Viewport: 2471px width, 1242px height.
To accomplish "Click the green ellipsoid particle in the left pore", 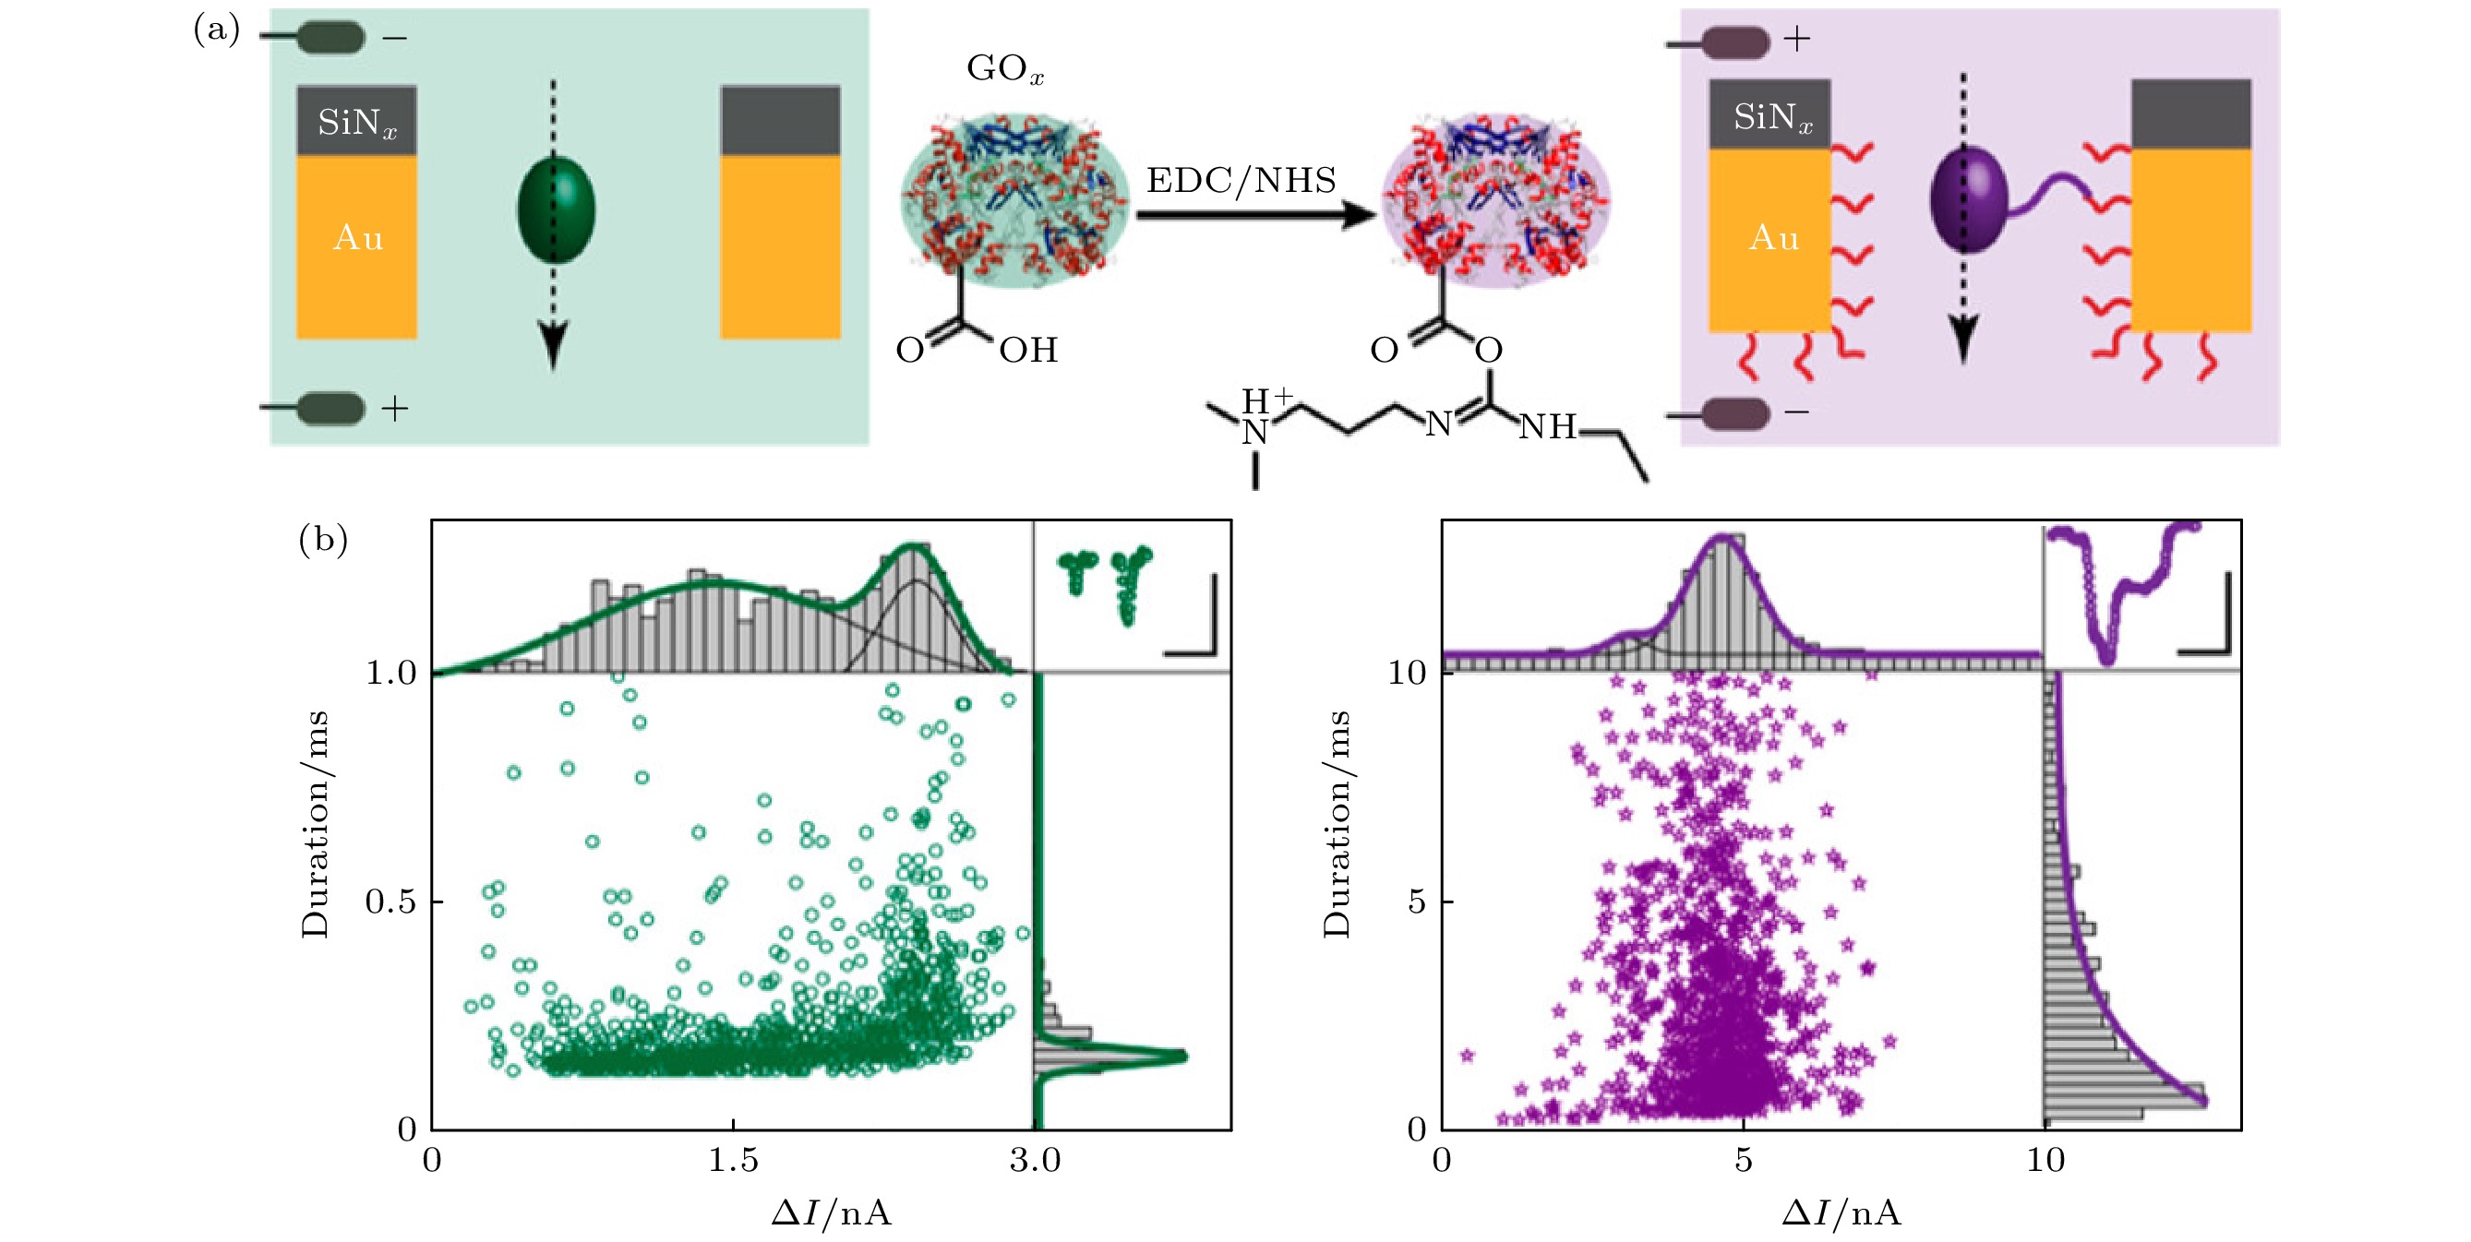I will click(556, 209).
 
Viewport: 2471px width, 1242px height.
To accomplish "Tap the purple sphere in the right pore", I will click(1966, 199).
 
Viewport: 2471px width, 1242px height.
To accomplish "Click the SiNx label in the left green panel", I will click(357, 123).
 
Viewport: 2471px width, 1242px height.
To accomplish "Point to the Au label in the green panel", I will click(358, 237).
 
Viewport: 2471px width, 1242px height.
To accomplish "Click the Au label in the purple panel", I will click(1773, 237).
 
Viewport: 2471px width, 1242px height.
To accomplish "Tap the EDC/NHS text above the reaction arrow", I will click(1241, 180).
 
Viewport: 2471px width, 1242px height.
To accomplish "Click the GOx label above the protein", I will click(1004, 69).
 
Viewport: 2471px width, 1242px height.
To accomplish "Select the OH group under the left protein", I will click(1028, 350).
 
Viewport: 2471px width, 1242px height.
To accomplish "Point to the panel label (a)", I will click(217, 30).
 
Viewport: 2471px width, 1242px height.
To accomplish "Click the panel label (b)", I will click(322, 539).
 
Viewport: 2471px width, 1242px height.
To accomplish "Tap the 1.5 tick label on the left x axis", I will click(733, 1161).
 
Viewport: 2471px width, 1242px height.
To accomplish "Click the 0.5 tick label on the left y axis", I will click(390, 902).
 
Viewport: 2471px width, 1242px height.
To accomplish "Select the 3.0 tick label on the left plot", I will click(1034, 1161).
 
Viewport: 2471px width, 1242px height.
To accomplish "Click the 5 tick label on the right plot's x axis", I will click(1743, 1161).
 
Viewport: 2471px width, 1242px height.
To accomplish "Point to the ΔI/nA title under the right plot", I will click(1841, 1214).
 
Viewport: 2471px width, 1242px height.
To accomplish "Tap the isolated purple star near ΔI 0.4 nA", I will click(1467, 1056).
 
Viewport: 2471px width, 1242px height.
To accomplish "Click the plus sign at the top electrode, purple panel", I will click(1796, 40).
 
